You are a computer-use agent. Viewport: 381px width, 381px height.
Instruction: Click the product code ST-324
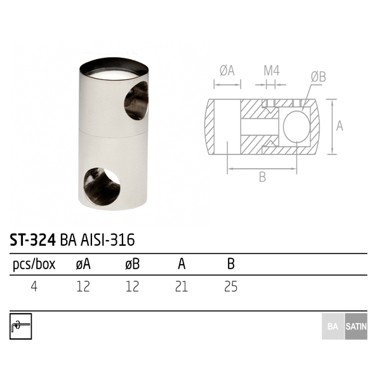pos(32,240)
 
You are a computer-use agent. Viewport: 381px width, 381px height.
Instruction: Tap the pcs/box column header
pos(34,264)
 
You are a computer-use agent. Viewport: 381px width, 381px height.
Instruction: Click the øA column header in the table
pos(83,264)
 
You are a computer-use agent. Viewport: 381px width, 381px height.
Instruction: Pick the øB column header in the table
pos(133,264)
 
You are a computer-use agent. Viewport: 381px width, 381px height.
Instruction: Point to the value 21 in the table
pos(181,286)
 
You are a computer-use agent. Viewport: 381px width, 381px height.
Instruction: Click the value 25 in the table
pos(231,286)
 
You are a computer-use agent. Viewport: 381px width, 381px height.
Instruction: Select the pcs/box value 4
pos(34,286)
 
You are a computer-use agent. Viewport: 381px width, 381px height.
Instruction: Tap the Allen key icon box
pos(21,326)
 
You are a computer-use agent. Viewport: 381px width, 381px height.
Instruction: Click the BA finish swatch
pos(333,326)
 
